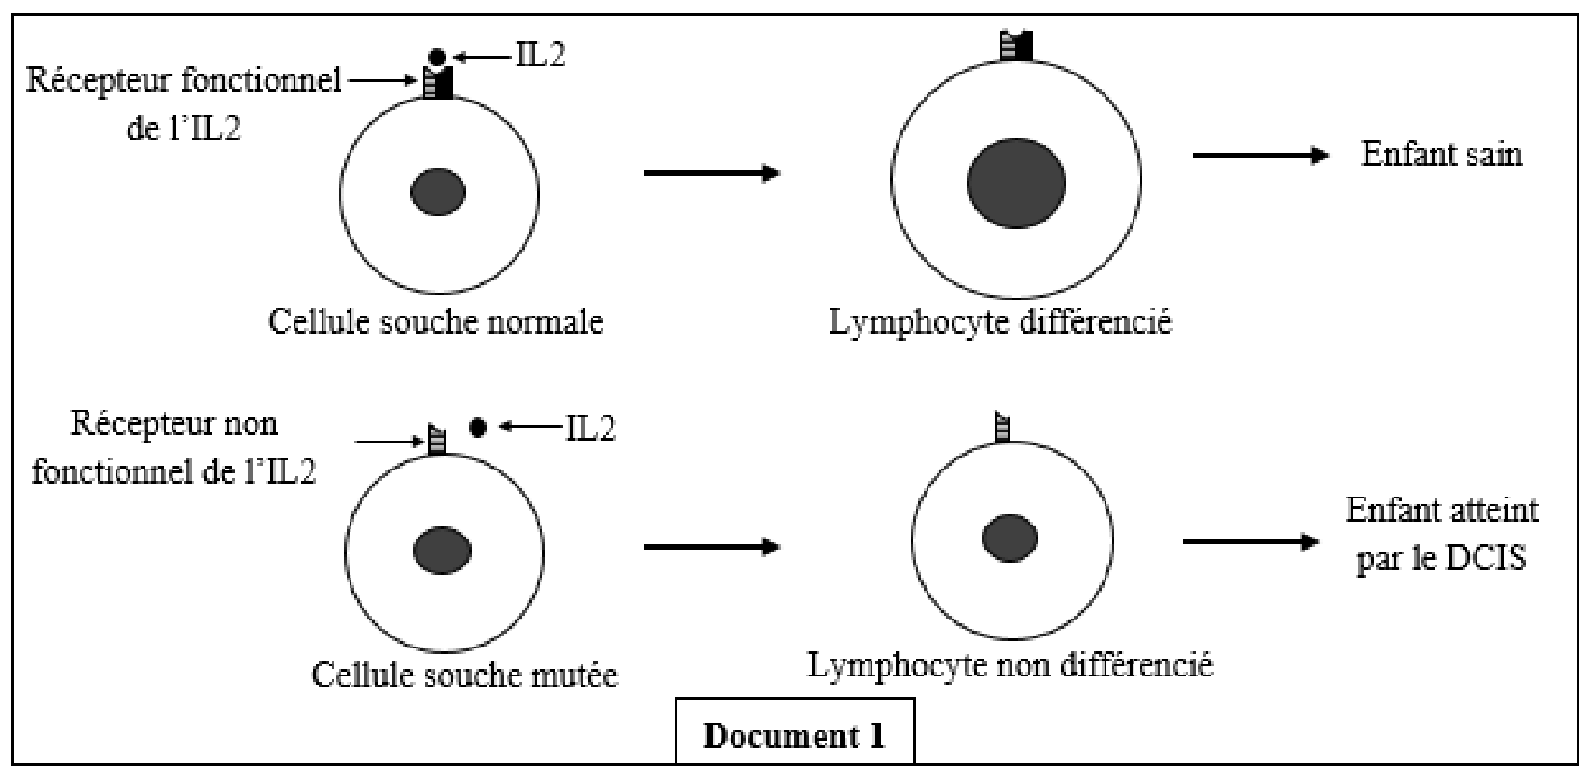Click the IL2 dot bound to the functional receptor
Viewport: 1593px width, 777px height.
click(437, 58)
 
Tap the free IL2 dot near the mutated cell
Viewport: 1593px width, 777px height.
click(478, 428)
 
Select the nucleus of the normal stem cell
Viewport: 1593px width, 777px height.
click(438, 192)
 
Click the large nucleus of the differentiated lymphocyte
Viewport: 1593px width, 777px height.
click(1016, 184)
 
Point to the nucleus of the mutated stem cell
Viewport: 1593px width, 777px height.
click(443, 551)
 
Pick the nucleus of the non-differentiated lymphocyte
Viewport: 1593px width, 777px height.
click(1009, 538)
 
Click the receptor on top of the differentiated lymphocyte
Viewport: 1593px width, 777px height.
click(1015, 45)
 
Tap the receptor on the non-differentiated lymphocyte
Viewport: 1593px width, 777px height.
click(1002, 427)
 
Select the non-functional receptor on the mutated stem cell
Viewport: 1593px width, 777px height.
click(436, 439)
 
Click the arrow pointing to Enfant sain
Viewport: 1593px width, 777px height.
click(1261, 155)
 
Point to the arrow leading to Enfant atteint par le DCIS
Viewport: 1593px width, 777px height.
click(1251, 541)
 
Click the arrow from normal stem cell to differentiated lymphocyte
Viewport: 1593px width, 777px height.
click(712, 172)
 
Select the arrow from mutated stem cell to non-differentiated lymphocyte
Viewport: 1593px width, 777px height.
click(712, 547)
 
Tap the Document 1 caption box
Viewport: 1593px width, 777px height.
click(795, 731)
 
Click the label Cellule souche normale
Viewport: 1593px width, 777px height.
click(435, 322)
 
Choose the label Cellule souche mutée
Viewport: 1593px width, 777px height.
click(464, 674)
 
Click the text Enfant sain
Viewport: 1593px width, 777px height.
click(1441, 155)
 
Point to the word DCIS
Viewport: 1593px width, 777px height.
click(1487, 557)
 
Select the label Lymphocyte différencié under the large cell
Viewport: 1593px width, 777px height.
click(1000, 322)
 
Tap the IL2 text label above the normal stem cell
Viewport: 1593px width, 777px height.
click(541, 55)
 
